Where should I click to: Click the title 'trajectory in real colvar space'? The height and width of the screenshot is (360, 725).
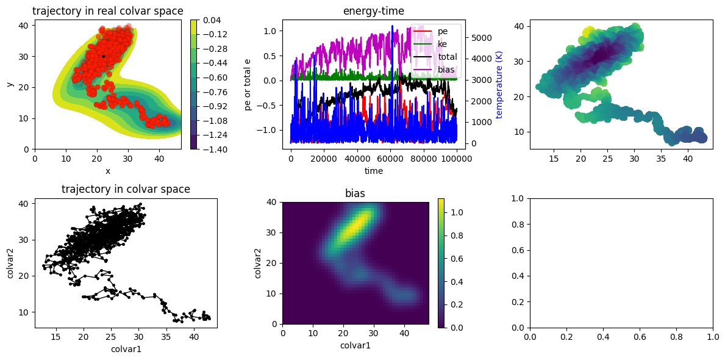click(108, 10)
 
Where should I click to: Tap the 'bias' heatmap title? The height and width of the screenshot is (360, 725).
click(355, 194)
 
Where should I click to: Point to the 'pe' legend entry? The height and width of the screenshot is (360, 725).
click(443, 32)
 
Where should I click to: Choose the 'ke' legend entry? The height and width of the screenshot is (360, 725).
click(443, 45)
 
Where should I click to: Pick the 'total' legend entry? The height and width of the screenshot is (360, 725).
click(447, 57)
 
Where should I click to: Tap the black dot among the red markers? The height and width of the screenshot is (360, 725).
click(103, 57)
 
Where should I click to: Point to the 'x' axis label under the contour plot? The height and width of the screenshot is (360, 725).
click(108, 171)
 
